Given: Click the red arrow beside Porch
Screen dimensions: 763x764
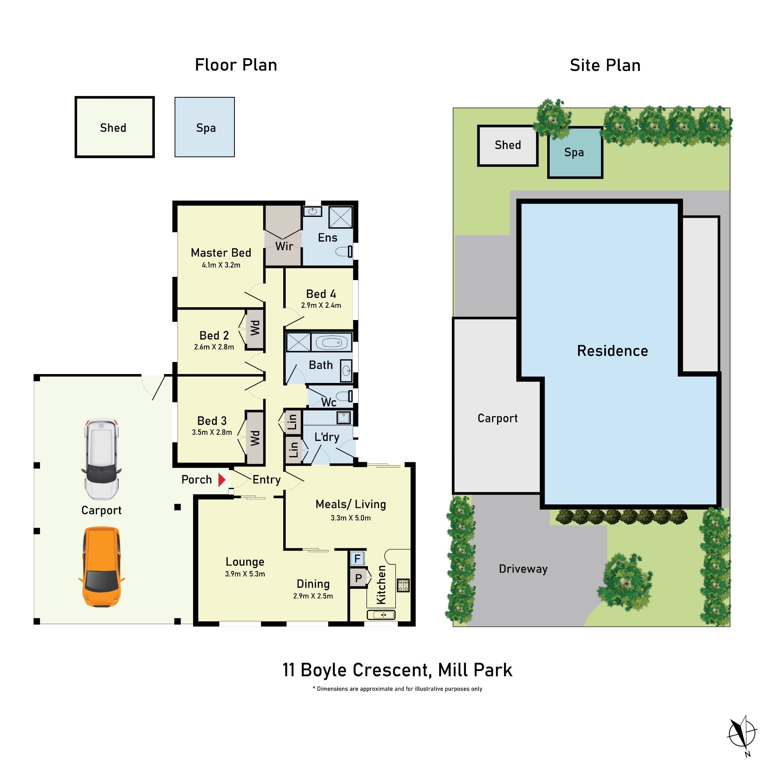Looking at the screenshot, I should (222, 480).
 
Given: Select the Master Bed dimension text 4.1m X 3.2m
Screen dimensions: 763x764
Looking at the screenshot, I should (221, 265).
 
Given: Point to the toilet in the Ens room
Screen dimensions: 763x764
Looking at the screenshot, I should (344, 251).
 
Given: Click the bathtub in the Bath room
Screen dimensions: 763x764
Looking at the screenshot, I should (331, 342).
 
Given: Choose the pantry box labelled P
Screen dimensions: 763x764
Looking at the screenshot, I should (358, 578).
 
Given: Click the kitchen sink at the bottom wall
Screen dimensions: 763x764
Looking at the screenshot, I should (381, 615).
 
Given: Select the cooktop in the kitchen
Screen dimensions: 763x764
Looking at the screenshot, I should (403, 585).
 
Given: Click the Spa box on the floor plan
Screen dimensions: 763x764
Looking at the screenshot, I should (205, 127).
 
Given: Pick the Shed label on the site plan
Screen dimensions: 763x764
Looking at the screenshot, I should (508, 145).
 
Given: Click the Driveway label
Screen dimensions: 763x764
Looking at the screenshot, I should (523, 569).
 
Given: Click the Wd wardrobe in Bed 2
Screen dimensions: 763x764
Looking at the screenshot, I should (255, 328).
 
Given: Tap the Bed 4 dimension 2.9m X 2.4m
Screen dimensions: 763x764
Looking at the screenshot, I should (321, 305).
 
